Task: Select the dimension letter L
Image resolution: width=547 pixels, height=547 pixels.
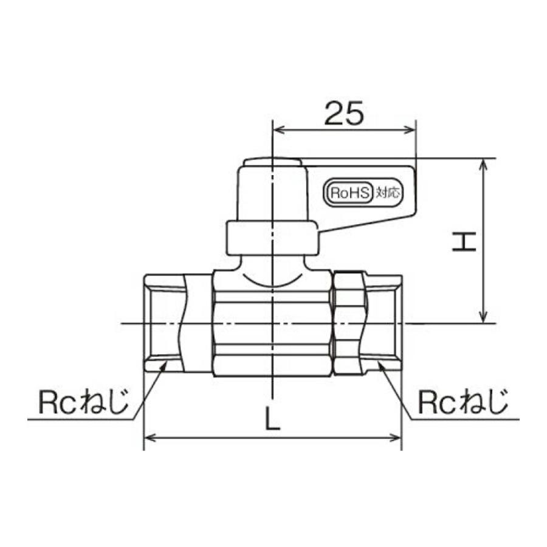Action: [x=273, y=418]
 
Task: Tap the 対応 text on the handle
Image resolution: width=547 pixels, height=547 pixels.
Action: [x=387, y=193]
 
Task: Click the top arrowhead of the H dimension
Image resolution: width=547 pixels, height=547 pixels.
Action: [x=483, y=164]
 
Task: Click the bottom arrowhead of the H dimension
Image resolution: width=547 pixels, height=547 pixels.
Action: [x=483, y=318]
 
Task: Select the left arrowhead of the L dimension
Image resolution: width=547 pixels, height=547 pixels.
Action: [x=148, y=437]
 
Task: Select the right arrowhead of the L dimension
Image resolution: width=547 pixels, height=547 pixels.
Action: [x=397, y=437]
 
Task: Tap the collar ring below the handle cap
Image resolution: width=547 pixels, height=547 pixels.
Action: [x=272, y=238]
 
